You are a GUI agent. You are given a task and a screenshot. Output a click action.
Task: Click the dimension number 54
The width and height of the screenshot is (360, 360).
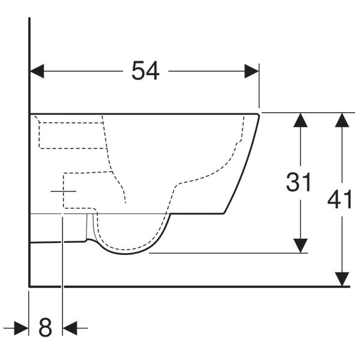pos(145,70)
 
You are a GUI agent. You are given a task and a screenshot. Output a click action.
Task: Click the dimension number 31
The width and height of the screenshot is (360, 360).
pos(298,182)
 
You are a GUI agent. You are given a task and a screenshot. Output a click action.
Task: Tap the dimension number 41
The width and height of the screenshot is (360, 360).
pos(340,199)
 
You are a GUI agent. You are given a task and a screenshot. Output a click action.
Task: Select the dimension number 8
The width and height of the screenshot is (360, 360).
pos(45,327)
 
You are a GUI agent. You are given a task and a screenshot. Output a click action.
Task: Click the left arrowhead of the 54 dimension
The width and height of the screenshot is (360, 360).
pos(37,71)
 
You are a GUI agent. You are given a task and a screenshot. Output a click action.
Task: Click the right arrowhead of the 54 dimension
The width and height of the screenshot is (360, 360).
pos(251,71)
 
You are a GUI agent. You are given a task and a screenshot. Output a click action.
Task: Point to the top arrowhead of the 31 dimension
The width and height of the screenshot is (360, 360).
pos(301,120)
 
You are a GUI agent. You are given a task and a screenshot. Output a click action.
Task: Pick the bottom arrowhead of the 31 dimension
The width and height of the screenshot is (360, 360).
pos(301,245)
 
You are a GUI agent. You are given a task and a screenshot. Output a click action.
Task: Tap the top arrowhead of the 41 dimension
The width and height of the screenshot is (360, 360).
pos(342,120)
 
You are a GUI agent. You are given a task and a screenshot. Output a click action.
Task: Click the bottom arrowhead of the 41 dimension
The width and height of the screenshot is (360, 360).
pos(342,279)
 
